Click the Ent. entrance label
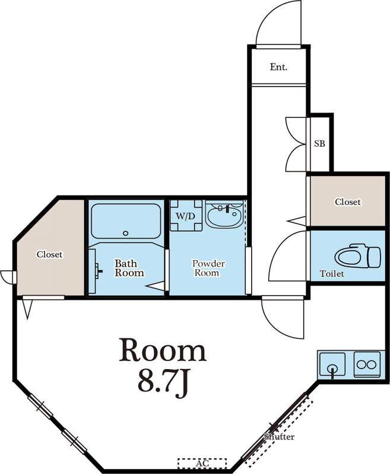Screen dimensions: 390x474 click(278, 67)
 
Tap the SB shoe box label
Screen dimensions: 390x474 click(319, 143)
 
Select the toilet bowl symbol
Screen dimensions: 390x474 click(357, 257)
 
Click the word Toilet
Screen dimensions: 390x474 click(332, 274)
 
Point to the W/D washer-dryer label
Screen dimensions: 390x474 click(185, 216)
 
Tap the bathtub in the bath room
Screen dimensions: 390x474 click(126, 221)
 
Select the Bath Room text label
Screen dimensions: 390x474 click(129, 268)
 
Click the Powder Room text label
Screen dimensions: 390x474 click(208, 268)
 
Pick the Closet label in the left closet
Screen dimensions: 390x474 click(50, 255)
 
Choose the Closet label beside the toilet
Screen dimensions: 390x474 click(348, 201)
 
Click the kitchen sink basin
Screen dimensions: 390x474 click(332, 364)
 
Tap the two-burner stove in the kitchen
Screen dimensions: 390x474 click(367, 364)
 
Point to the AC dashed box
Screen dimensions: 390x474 click(202, 463)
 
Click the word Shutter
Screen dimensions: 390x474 click(279, 437)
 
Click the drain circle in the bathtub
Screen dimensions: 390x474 click(126, 233)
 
